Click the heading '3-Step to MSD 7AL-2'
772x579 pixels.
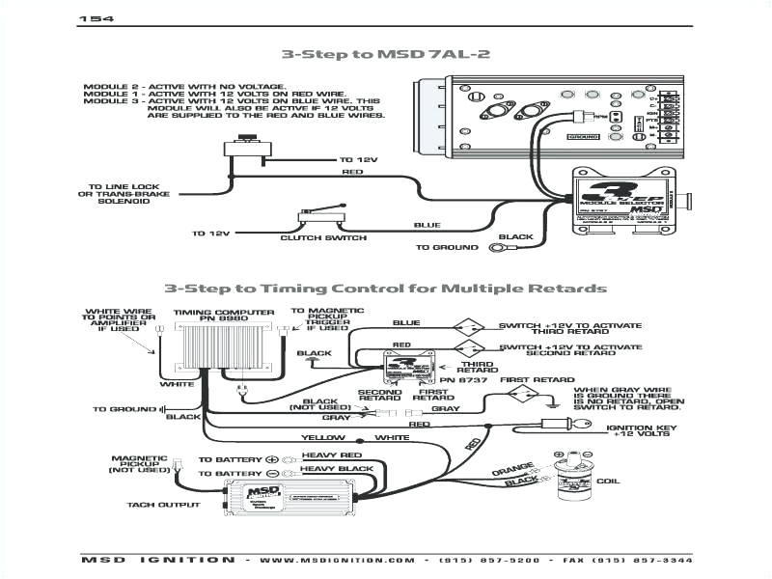(385, 54)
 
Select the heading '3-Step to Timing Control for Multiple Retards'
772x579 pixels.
(385, 288)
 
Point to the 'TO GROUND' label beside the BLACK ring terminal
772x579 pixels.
(447, 248)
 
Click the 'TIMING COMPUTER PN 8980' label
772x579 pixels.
(208, 317)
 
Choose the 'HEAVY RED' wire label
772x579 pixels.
(331, 455)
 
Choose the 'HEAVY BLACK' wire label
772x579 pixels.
(337, 469)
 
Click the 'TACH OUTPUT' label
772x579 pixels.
(164, 504)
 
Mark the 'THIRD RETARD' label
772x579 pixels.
(477, 366)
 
